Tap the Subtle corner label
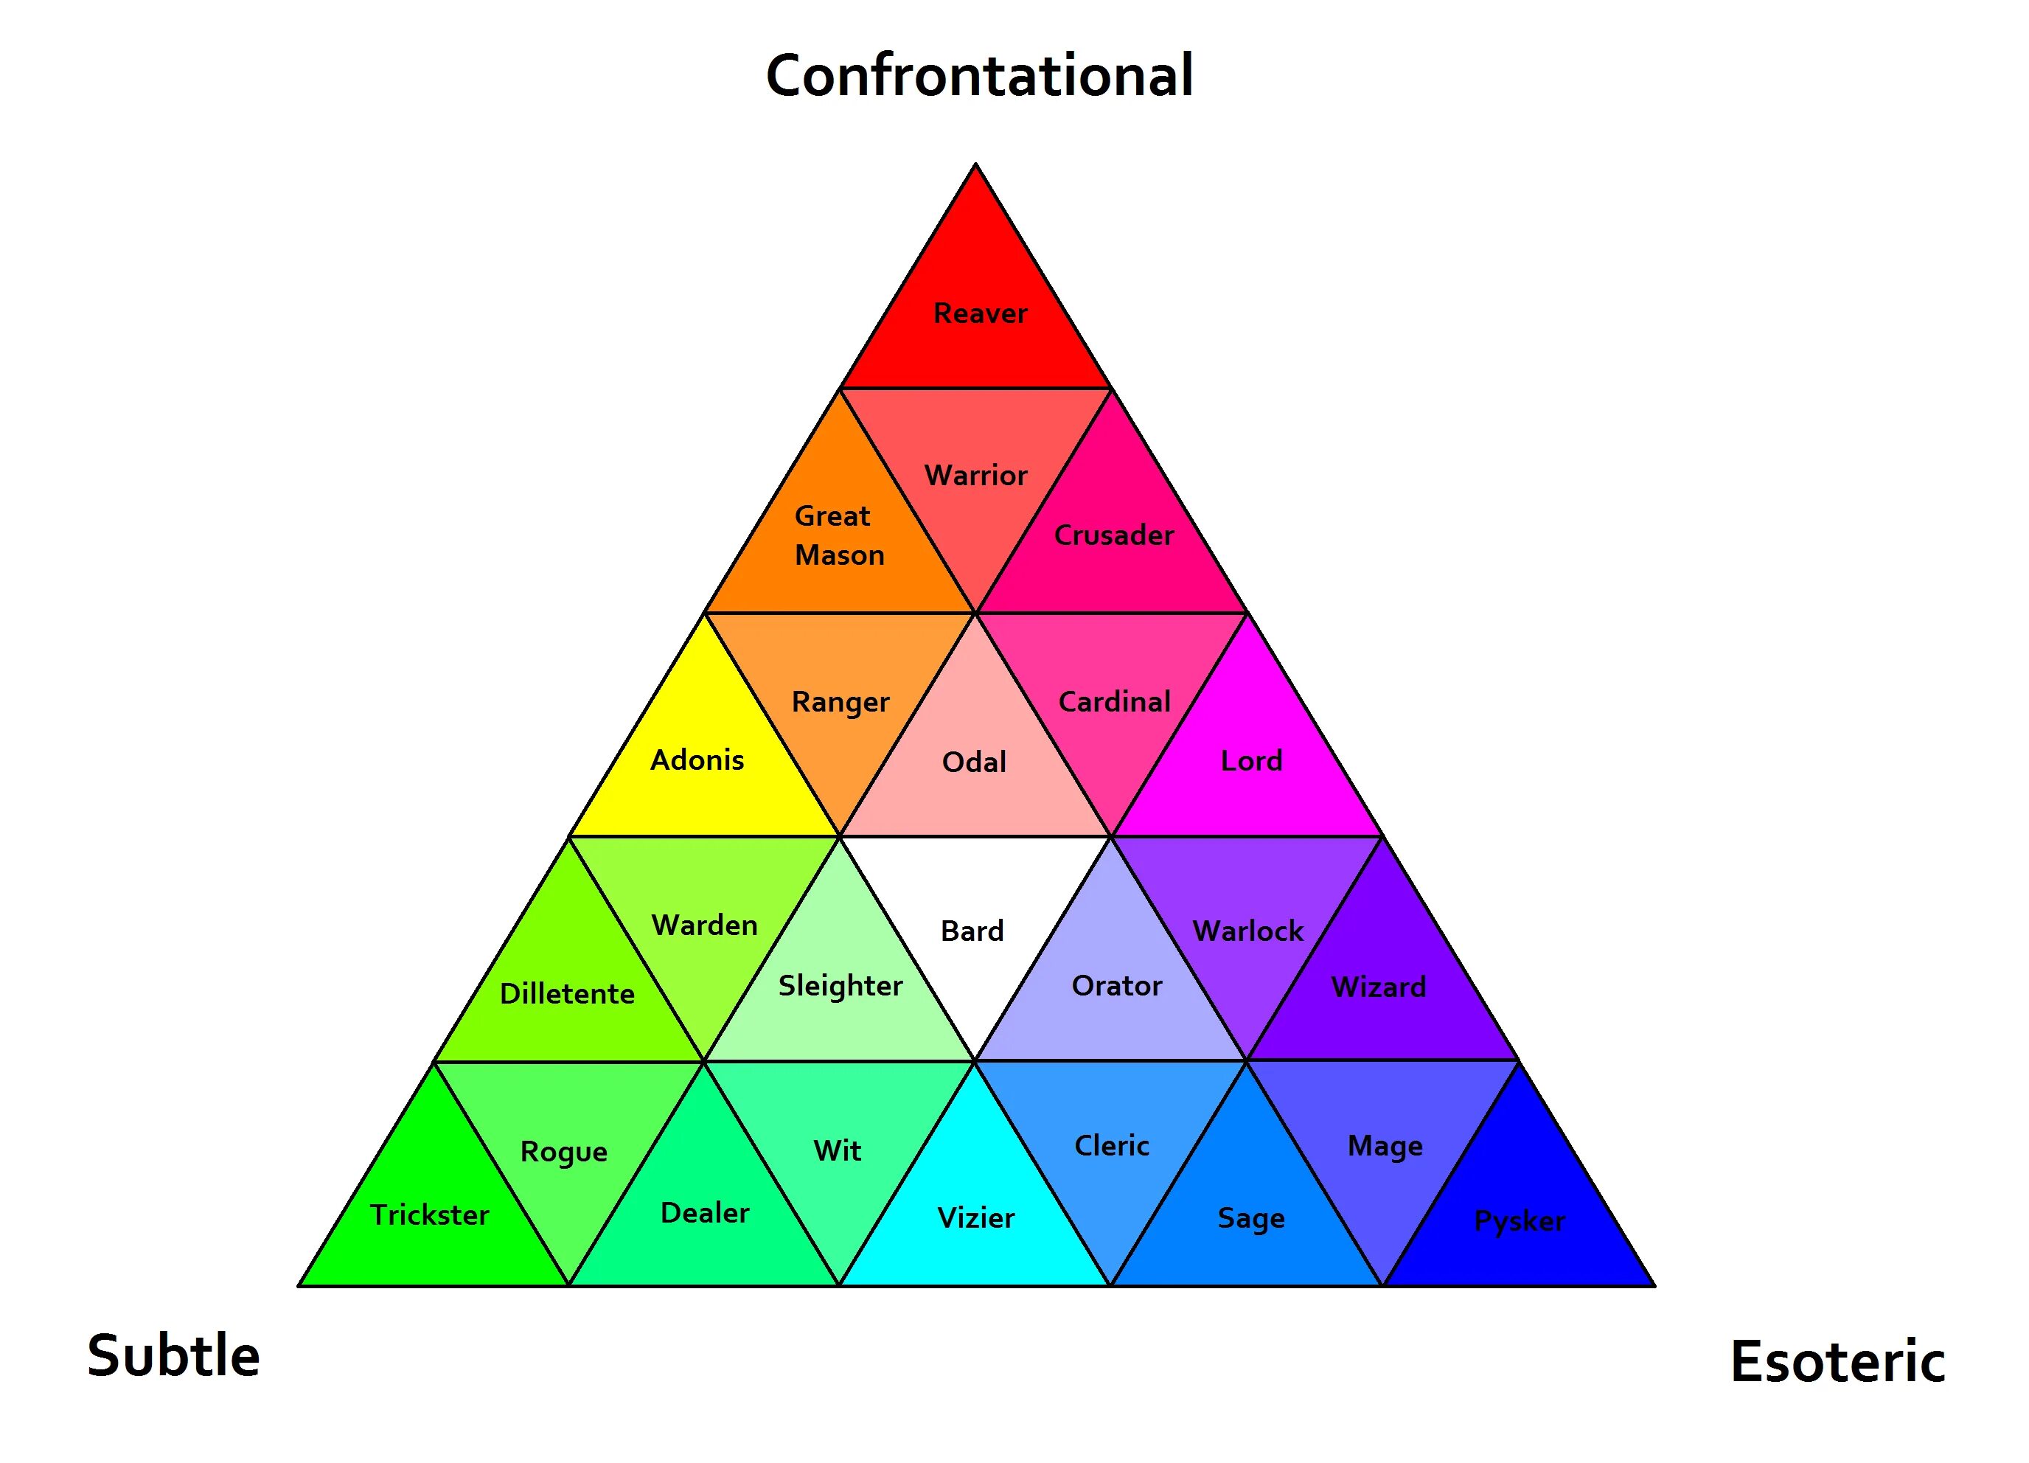(173, 1355)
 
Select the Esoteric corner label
(1837, 1361)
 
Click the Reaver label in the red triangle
(980, 313)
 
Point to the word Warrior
(975, 475)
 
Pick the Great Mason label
(838, 535)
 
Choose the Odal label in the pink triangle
(973, 762)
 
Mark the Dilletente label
(566, 993)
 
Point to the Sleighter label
(840, 985)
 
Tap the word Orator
(1116, 985)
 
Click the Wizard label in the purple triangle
(1378, 987)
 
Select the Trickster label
(429, 1214)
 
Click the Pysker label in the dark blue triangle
(1519, 1220)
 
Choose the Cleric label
(1111, 1145)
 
